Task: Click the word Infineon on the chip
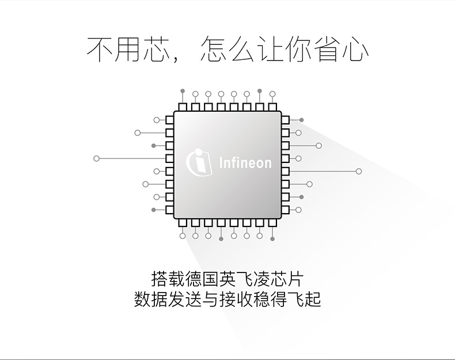245,163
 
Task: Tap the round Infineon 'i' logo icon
199,161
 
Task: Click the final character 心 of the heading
355,49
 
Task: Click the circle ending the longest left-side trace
96,158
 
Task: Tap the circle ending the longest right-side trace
359,171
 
